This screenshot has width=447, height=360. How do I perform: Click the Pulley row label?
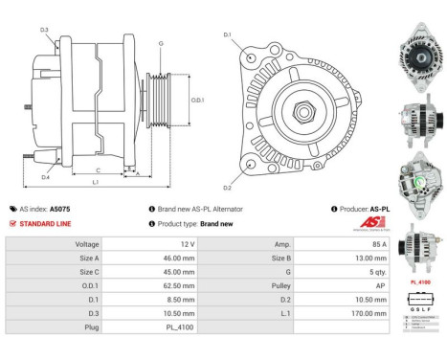(277, 284)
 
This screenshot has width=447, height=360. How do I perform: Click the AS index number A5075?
(60, 208)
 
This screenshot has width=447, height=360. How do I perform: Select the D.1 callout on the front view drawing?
(228, 35)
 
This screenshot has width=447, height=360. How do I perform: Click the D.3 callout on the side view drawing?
(44, 30)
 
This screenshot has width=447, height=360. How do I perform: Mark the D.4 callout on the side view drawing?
(45, 176)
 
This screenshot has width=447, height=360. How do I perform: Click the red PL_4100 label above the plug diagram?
(418, 282)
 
